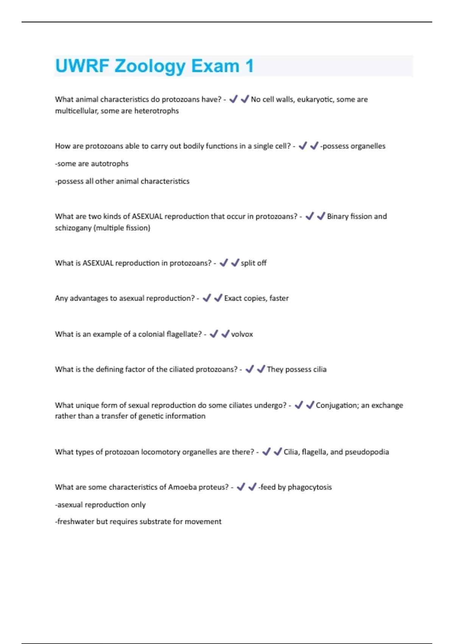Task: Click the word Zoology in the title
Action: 150,66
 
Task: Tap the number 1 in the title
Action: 249,66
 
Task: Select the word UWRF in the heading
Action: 82,66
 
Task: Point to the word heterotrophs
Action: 156,111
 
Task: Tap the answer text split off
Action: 253,263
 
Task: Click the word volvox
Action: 242,334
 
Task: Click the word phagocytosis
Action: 309,487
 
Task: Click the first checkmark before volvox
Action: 214,334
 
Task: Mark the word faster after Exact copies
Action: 279,299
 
